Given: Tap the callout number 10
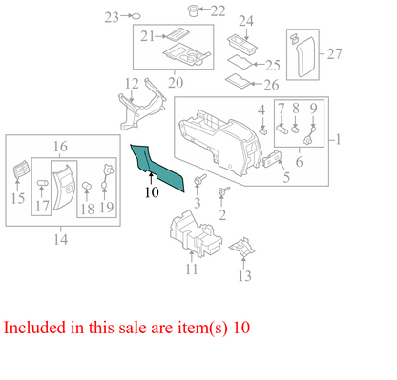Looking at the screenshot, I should point(151,192).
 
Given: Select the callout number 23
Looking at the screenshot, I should point(111,17).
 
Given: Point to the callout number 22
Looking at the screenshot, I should point(219,10).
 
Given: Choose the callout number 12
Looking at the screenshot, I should point(132,84).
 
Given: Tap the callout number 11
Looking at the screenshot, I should point(191,270).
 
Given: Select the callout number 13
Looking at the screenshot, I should point(244,277).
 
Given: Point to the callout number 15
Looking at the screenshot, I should point(17,199).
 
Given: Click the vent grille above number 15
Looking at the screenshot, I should point(18,173).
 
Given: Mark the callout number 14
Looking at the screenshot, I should point(61,239).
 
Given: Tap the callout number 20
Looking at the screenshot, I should point(175,83).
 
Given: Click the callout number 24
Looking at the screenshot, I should point(245,21).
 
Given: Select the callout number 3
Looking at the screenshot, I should point(197,204).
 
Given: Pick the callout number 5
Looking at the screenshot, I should point(284,178).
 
